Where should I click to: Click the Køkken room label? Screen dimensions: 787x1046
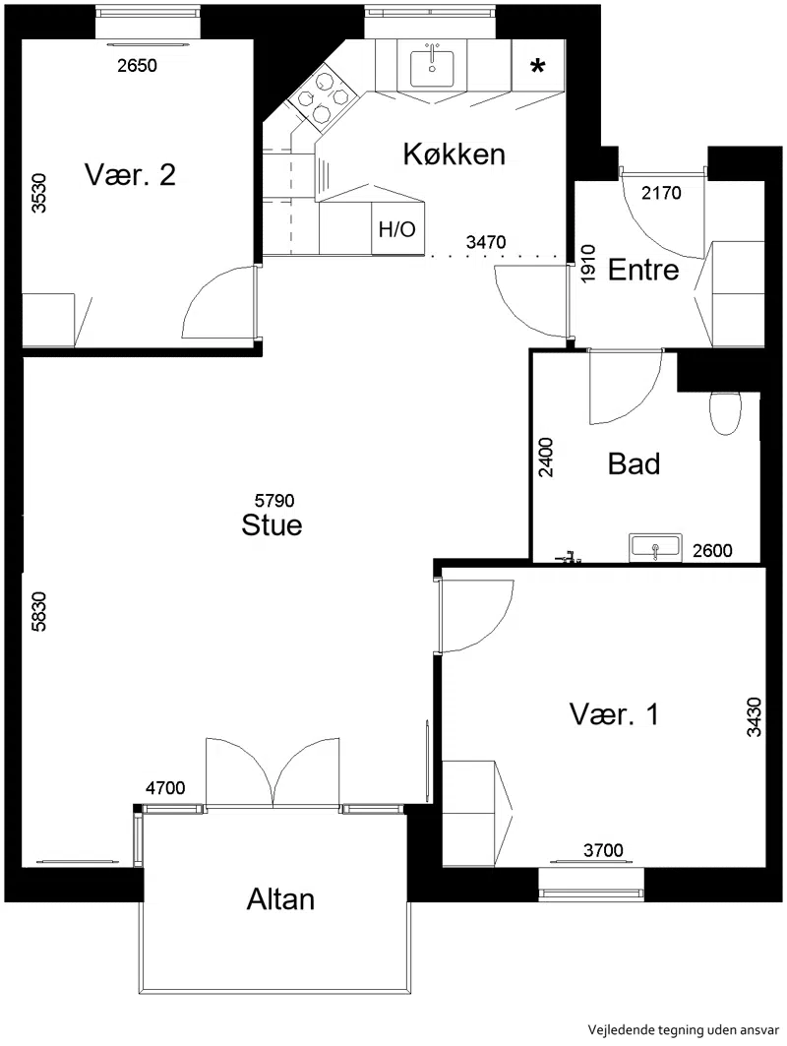[x=454, y=154]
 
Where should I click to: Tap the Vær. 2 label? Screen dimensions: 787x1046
[x=130, y=175]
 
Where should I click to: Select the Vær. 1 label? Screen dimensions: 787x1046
[x=614, y=714]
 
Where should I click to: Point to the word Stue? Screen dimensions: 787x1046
[x=272, y=525]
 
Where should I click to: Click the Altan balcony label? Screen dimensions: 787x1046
[x=280, y=899]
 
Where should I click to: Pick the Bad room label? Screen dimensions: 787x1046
[x=635, y=463]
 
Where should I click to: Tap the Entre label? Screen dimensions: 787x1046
[x=643, y=271]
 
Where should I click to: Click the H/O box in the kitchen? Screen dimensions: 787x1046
[x=397, y=229]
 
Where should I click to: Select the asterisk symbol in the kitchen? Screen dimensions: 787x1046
[x=537, y=65]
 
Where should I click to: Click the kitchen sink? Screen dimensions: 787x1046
[x=432, y=68]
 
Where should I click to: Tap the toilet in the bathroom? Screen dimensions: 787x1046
[x=725, y=413]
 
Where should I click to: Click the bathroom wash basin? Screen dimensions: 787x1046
[x=655, y=547]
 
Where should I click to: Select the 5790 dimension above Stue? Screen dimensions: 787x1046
[x=274, y=500]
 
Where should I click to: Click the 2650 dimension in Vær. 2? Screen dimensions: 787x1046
[x=138, y=65]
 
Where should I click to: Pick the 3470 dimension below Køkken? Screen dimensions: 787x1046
[x=486, y=241]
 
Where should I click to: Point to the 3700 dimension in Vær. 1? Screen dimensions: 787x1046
[x=604, y=850]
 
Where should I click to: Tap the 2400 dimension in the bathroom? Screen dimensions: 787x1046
[x=546, y=457]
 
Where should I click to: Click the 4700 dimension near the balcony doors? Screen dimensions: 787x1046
[x=165, y=788]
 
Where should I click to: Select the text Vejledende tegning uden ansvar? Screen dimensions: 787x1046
[x=684, y=1029]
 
